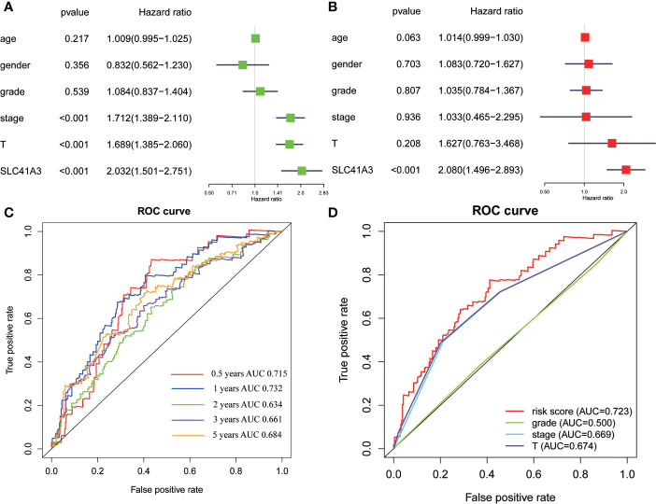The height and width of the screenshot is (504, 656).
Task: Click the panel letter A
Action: pyautogui.click(x=7, y=7)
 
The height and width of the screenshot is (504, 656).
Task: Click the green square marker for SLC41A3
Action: pyautogui.click(x=301, y=171)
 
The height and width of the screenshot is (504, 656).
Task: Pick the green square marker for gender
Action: pyautogui.click(x=242, y=64)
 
